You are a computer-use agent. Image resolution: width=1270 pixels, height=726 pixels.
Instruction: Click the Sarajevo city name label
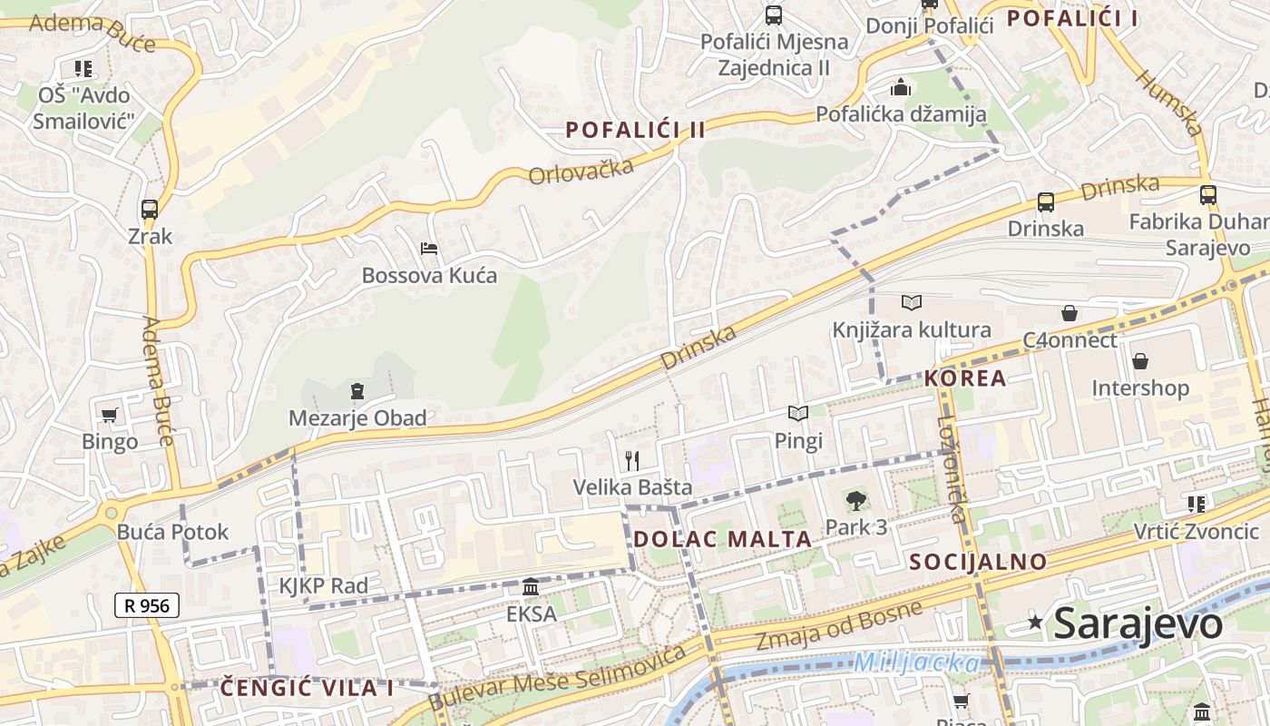tap(1138, 624)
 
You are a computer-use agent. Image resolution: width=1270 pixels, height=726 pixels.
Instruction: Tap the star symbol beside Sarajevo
tap(1035, 622)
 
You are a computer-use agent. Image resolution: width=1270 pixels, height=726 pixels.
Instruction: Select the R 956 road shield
tap(147, 605)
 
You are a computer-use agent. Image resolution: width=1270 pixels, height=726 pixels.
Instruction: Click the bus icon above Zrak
tap(150, 210)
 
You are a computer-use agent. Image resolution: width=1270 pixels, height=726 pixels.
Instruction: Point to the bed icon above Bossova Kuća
tap(429, 248)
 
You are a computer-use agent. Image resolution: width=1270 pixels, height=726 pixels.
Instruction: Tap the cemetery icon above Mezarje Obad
tap(357, 391)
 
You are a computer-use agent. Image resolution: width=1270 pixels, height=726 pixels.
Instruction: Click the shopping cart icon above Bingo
tap(110, 415)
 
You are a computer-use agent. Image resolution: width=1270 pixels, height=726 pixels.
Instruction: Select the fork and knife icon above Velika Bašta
tap(632, 460)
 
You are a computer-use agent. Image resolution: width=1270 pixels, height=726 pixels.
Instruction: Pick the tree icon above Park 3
tap(855, 499)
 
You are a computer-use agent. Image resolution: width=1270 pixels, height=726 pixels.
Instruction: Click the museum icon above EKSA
tap(531, 587)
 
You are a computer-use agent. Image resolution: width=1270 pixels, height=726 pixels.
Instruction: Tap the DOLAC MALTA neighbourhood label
tap(722, 539)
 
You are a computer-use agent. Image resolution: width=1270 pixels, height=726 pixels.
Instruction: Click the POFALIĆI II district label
tap(635, 130)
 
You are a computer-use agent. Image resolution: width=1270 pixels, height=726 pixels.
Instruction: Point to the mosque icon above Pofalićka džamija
tap(901, 87)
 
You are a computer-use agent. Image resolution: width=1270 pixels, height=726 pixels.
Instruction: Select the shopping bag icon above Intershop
tap(1140, 361)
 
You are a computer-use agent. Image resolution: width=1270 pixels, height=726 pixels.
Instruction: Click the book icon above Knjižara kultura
tap(912, 302)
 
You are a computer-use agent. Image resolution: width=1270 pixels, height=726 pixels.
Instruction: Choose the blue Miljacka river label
tap(916, 662)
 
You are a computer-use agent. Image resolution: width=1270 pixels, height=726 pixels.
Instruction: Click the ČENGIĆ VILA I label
tap(307, 688)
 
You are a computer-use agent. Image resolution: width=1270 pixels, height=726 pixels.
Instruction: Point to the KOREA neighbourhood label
tap(965, 378)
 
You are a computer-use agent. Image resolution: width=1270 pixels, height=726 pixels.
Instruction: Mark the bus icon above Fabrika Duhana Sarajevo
tap(1207, 194)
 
